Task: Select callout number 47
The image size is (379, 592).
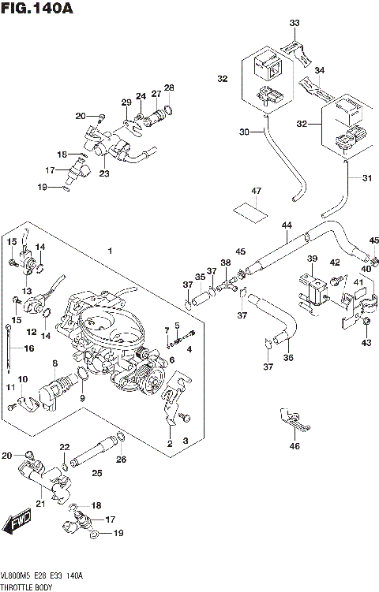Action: pyautogui.click(x=256, y=192)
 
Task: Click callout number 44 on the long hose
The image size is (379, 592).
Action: pyautogui.click(x=286, y=226)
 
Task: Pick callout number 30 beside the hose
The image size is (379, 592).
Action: pyautogui.click(x=243, y=132)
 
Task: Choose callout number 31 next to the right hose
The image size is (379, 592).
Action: pyautogui.click(x=366, y=178)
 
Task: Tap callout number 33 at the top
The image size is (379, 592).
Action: pyautogui.click(x=295, y=23)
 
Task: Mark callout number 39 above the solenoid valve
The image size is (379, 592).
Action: pyautogui.click(x=312, y=259)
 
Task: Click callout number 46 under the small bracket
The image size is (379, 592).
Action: pyautogui.click(x=295, y=447)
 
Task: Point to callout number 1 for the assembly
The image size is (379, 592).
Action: pyautogui.click(x=111, y=251)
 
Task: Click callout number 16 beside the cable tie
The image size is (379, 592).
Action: pyautogui.click(x=29, y=348)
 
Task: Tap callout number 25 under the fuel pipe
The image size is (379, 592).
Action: pyautogui.click(x=97, y=473)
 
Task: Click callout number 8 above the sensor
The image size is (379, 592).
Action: pyautogui.click(x=54, y=363)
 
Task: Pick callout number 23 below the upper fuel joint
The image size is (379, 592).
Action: pyautogui.click(x=103, y=173)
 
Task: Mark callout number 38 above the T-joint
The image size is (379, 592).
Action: pyautogui.click(x=226, y=262)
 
